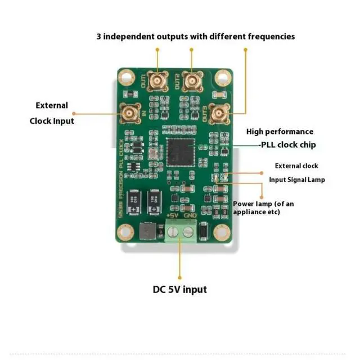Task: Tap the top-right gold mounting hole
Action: tap(224, 77)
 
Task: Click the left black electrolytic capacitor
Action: tap(135, 202)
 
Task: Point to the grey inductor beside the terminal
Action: tap(148, 231)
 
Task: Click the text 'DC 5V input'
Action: tap(180, 290)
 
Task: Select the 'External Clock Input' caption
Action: tap(52, 113)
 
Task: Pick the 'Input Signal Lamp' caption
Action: tap(296, 179)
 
